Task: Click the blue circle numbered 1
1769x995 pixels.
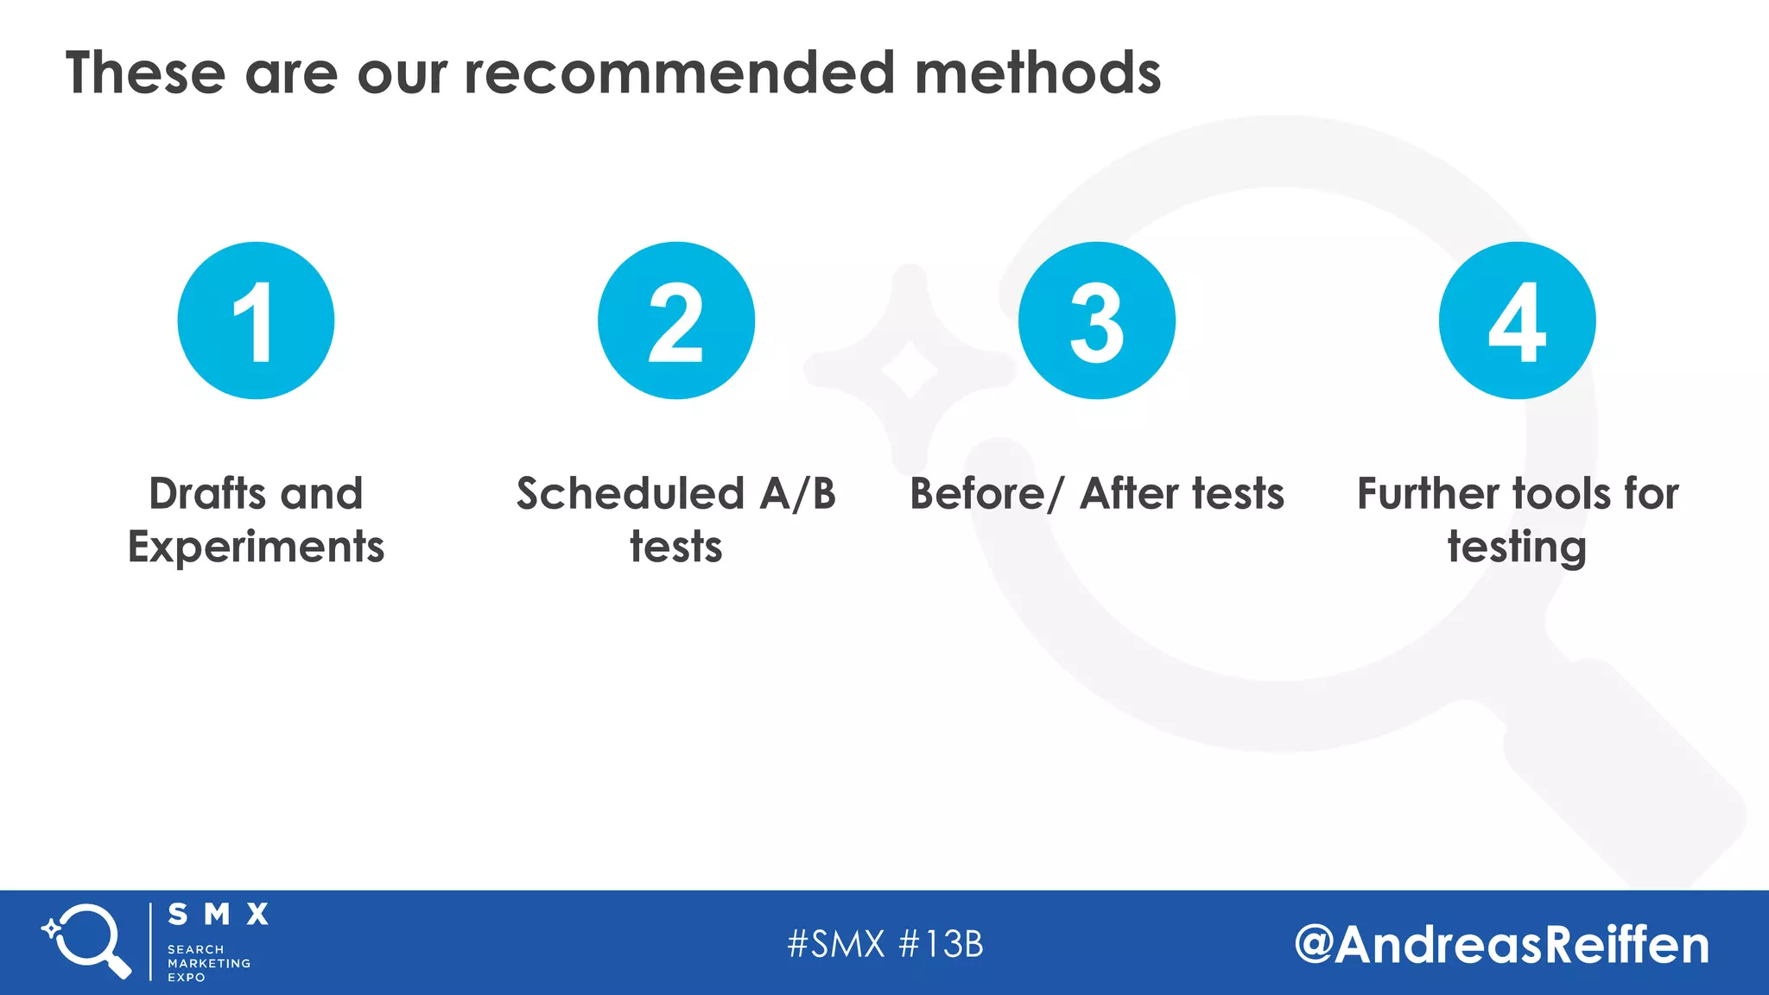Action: pyautogui.click(x=256, y=320)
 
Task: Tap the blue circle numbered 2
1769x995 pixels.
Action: pyautogui.click(x=676, y=320)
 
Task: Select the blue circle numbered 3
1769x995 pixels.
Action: pyautogui.click(x=1097, y=320)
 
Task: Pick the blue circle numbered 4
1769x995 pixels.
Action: pyautogui.click(x=1517, y=320)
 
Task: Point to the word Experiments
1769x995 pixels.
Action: pyautogui.click(x=256, y=548)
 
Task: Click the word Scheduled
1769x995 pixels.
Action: pyautogui.click(x=630, y=494)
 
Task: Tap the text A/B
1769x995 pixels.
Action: pyautogui.click(x=797, y=494)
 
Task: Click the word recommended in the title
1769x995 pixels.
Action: pyautogui.click(x=678, y=73)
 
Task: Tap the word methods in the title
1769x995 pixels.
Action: pyautogui.click(x=1037, y=73)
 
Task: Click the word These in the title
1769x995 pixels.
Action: pyautogui.click(x=145, y=73)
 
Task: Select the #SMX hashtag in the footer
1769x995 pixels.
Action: pyautogui.click(x=836, y=944)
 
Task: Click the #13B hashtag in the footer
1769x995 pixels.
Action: pyautogui.click(x=942, y=944)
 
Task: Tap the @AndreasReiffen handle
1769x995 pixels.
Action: pyautogui.click(x=1501, y=944)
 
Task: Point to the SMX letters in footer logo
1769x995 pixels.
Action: pyautogui.click(x=218, y=914)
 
